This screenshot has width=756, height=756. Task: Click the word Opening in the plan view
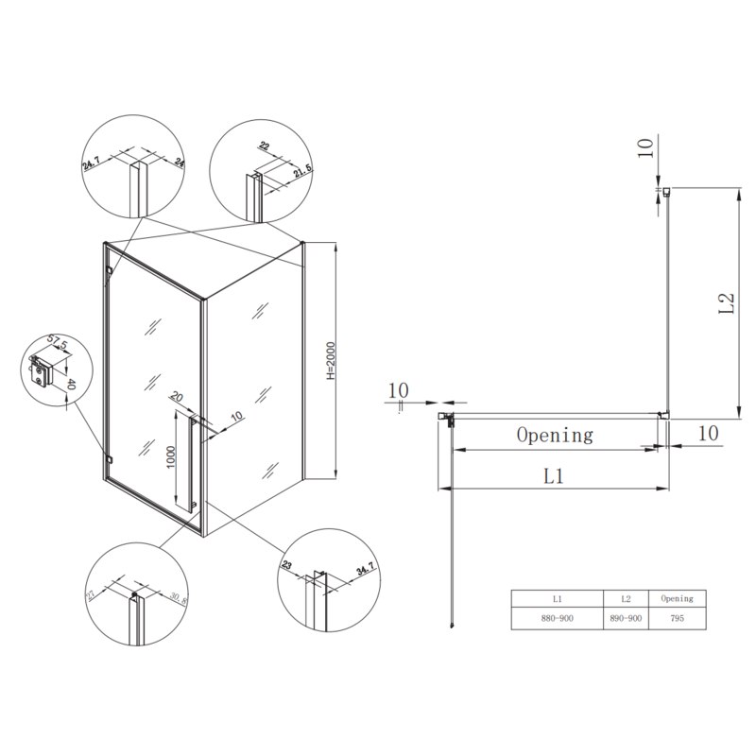(x=554, y=435)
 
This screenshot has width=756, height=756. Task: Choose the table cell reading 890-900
(x=627, y=619)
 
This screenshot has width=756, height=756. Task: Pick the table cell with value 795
(x=677, y=619)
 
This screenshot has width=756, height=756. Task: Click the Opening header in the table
(x=677, y=598)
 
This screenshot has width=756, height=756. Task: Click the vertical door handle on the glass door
(x=192, y=466)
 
